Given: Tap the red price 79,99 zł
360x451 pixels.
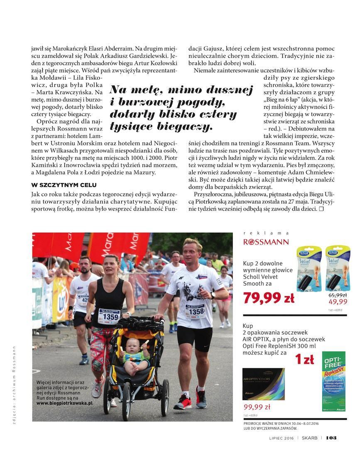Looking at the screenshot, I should pyautogui.click(x=268, y=298).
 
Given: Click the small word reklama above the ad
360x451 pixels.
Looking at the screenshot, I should pyautogui.click(x=266, y=233).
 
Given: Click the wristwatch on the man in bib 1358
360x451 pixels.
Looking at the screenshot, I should pyautogui.click(x=213, y=296).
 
